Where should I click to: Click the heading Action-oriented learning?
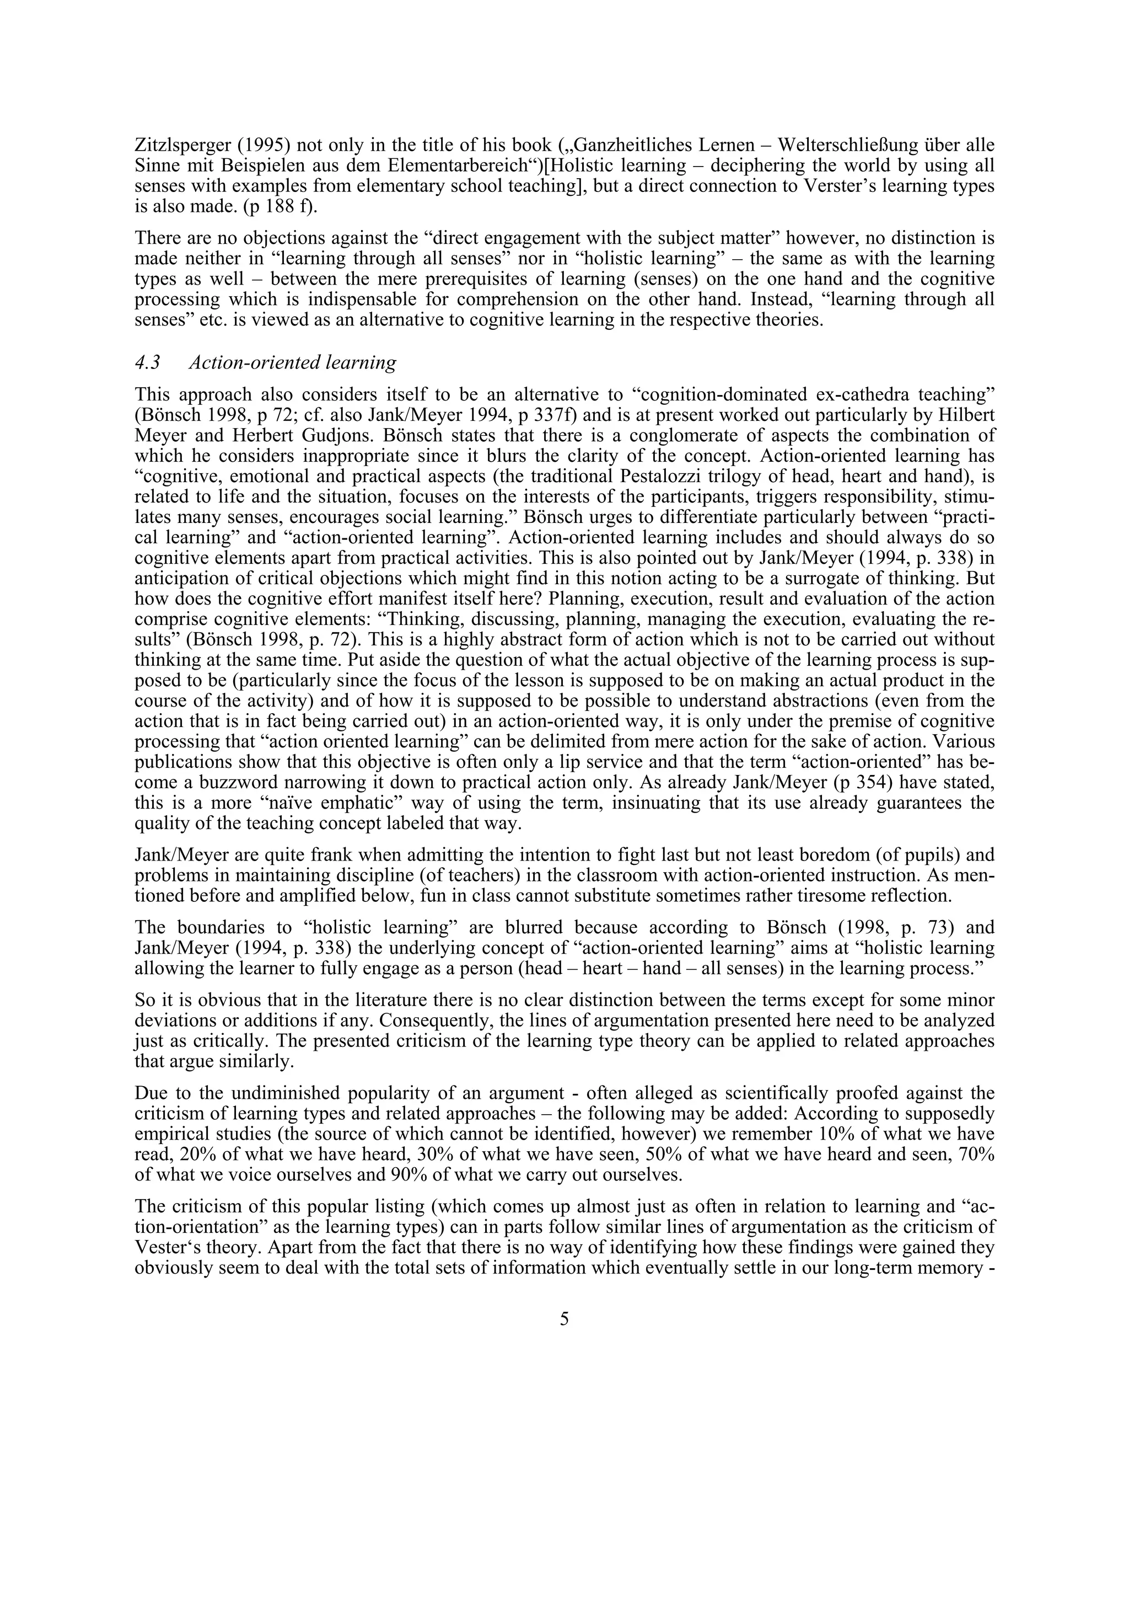click(x=293, y=362)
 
